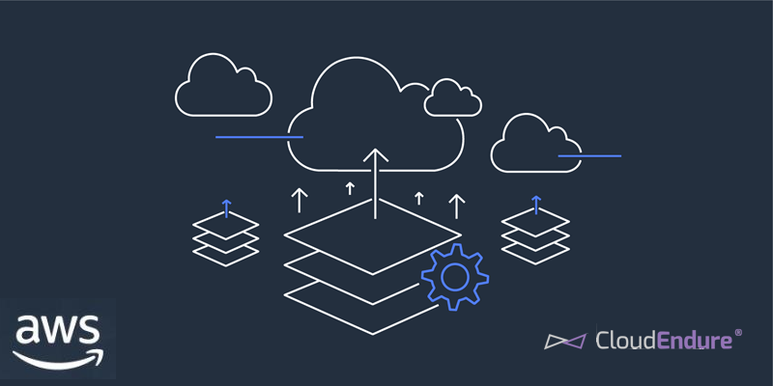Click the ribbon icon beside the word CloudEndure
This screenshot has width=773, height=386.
(x=564, y=341)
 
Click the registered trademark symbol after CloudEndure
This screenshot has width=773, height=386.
(x=739, y=332)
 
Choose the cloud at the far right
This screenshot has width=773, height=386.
(x=534, y=145)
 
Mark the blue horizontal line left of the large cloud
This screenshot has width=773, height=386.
(x=259, y=137)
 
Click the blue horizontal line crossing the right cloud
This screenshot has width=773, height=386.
(x=589, y=155)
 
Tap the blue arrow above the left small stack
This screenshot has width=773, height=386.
(x=226, y=207)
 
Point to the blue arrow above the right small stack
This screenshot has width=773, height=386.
(x=535, y=205)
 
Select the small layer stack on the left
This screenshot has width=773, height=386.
(x=226, y=237)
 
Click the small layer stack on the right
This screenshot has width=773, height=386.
(x=535, y=235)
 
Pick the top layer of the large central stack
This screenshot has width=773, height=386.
(x=373, y=237)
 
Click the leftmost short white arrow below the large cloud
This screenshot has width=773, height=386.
(x=300, y=200)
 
